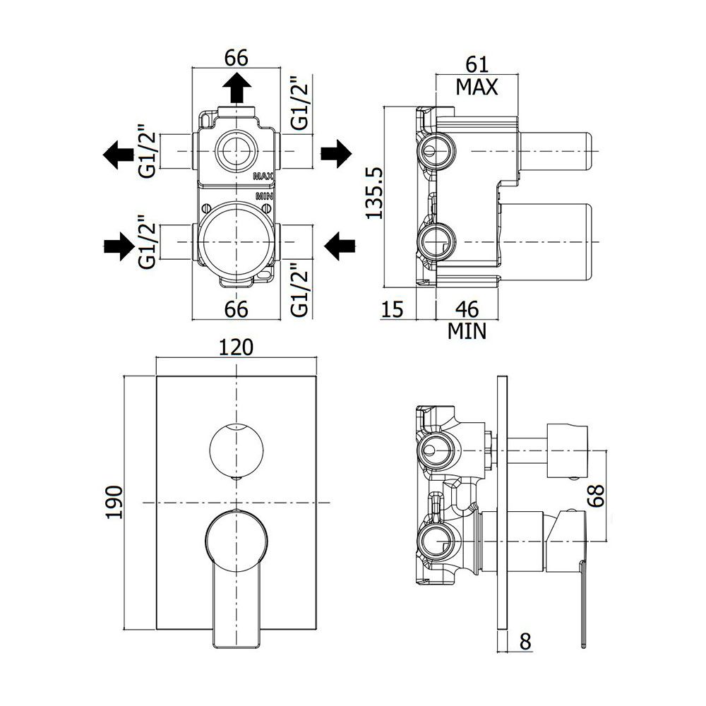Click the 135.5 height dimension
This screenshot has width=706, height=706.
(374, 193)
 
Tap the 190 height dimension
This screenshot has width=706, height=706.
(114, 502)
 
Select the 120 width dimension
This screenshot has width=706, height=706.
(237, 347)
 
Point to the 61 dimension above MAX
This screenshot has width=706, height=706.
(477, 65)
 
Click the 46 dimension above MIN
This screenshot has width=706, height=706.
(467, 309)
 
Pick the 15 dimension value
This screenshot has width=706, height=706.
(393, 310)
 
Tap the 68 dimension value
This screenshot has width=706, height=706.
(596, 496)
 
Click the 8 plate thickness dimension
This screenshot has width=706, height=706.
(525, 641)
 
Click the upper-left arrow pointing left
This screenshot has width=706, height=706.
(119, 155)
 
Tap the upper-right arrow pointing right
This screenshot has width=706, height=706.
(336, 153)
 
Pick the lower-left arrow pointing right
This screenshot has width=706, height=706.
(119, 246)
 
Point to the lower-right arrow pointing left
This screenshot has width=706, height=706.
(340, 246)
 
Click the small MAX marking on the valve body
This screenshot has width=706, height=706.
(263, 176)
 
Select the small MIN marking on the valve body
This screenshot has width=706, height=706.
(264, 196)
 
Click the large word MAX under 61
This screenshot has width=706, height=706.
(477, 87)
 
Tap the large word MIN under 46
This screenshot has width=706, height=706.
(467, 331)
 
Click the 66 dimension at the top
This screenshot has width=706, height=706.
(237, 58)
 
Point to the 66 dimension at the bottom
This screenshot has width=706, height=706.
(237, 309)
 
